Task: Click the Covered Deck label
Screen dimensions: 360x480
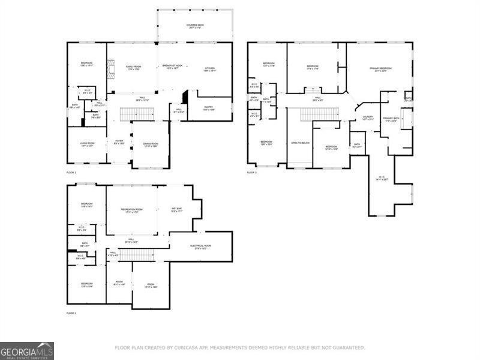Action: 195,26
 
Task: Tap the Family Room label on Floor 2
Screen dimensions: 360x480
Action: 133,68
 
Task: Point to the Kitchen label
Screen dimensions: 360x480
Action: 209,69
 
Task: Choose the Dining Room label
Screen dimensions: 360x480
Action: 151,145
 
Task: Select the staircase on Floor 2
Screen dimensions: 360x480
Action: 133,113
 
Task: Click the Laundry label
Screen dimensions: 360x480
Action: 368,118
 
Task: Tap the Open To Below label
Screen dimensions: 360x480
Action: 300,143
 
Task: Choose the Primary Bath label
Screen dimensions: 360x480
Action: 391,119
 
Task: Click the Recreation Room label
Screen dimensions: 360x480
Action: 131,211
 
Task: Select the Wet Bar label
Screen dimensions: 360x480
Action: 177,211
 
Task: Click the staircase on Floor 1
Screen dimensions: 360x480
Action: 138,254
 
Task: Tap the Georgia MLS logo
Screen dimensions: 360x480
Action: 27,350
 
